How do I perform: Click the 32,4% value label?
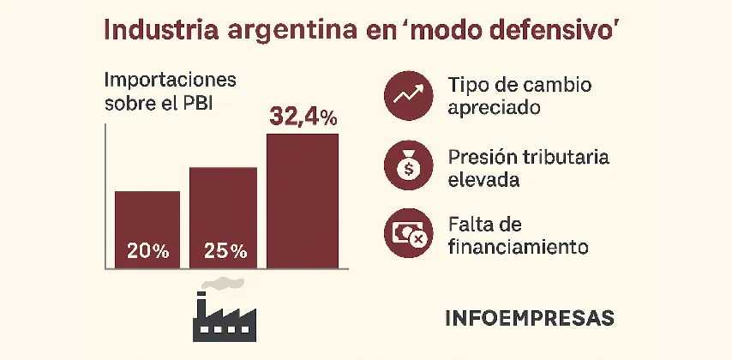(x=303, y=116)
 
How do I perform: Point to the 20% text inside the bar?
(x=147, y=252)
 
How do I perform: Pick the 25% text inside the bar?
(x=225, y=252)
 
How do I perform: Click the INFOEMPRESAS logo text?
(x=530, y=318)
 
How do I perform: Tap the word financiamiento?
(x=517, y=247)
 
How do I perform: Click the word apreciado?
(x=494, y=109)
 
